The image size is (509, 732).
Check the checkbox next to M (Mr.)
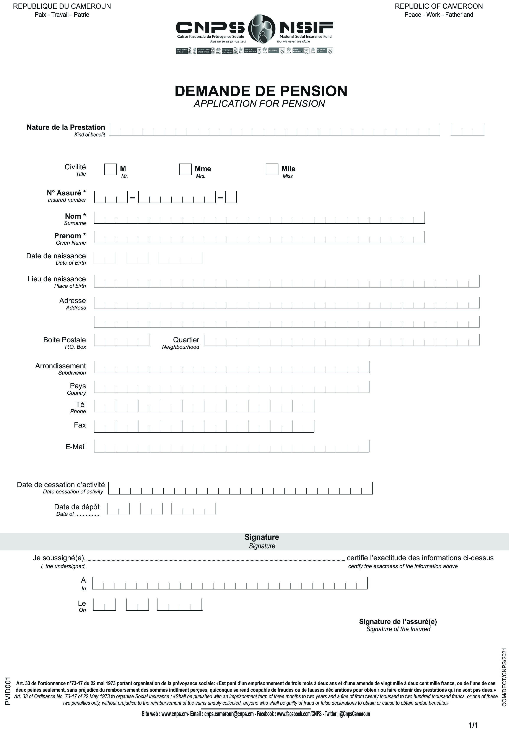[110, 169]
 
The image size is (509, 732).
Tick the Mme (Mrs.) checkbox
[185, 169]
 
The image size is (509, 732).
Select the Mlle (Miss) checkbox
[272, 169]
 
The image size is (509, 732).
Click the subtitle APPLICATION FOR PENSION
[259, 104]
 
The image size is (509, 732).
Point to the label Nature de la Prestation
[66, 127]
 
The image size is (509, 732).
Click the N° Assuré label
[66, 193]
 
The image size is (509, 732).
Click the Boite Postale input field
[121, 340]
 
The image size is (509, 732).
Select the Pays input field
[231, 387]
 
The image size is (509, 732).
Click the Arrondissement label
[60, 366]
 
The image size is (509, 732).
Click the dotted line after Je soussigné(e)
[215, 559]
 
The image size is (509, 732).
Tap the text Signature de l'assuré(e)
[398, 621]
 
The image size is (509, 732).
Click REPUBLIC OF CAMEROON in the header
[439, 6]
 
